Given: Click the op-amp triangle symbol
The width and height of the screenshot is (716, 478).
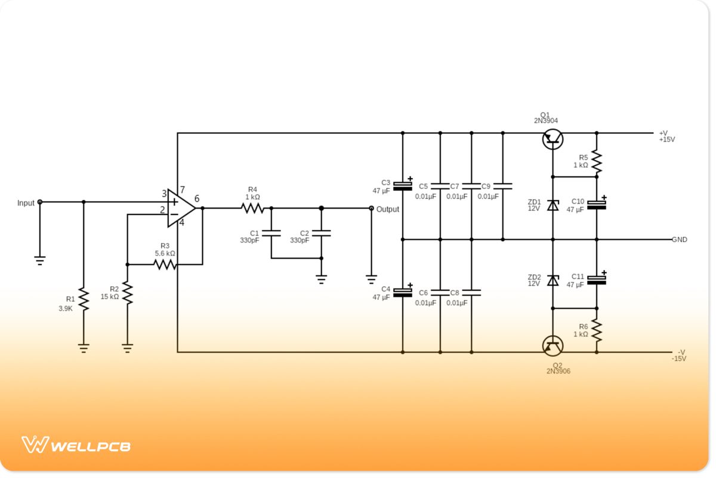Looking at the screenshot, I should [180, 209].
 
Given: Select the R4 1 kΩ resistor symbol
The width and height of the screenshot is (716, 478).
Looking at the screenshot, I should [252, 209].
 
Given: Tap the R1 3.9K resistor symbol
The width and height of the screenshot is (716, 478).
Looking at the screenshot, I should [84, 299].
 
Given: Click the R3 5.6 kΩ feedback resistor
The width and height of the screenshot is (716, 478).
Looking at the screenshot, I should [165, 264].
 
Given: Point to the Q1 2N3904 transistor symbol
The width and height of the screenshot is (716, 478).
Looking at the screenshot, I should [553, 139].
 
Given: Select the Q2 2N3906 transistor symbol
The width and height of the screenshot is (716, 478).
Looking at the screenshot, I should [553, 345].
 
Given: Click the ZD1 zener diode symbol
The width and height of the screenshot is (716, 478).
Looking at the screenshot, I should [553, 206].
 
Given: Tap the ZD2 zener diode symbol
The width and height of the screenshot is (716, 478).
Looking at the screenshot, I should [553, 280].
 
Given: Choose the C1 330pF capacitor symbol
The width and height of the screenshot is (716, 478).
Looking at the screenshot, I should [271, 233].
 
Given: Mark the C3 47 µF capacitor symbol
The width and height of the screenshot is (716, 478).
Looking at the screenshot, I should [403, 186].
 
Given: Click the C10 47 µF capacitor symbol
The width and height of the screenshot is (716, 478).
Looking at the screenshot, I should [597, 205].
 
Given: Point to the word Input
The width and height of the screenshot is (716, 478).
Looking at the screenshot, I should [26, 203].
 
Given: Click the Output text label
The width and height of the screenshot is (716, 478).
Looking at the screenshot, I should [388, 210].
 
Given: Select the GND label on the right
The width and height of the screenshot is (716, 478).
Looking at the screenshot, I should [680, 240].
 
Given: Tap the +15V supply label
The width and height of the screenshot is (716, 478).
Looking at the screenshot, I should [666, 139].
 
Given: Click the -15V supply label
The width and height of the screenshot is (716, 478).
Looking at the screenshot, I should [679, 358].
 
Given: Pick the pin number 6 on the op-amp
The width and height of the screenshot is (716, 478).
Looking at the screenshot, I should [197, 199].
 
